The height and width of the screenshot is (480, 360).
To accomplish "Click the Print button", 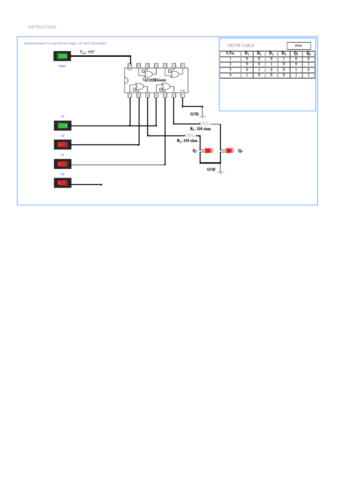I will point(299,46).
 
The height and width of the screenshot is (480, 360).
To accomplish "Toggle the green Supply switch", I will point(62,56).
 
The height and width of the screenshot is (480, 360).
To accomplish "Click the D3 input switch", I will point(62,126).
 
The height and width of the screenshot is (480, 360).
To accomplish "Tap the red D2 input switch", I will point(62,144).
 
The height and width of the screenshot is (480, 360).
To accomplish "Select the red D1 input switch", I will point(62,164).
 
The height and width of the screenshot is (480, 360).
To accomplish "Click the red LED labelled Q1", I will point(207,151).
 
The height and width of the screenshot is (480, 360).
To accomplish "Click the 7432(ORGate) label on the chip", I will point(154,80).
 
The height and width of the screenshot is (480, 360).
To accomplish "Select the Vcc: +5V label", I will point(88,52).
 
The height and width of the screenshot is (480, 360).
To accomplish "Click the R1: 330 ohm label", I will point(200,128).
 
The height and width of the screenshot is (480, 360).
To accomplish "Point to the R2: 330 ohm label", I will point(187,141).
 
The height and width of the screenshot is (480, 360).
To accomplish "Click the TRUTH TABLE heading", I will point(240,45).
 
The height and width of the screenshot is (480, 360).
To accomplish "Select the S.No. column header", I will point(230,53).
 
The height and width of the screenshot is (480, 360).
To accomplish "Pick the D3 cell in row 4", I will point(247,75).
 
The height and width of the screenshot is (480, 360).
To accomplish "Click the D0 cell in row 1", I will point(284,59).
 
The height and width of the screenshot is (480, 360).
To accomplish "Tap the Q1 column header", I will point(296,53).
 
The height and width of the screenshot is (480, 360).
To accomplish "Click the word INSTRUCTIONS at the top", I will point(42,27).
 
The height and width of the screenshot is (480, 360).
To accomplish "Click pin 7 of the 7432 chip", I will point(182,95).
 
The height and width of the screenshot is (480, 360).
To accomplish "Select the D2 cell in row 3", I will point(259,69).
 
